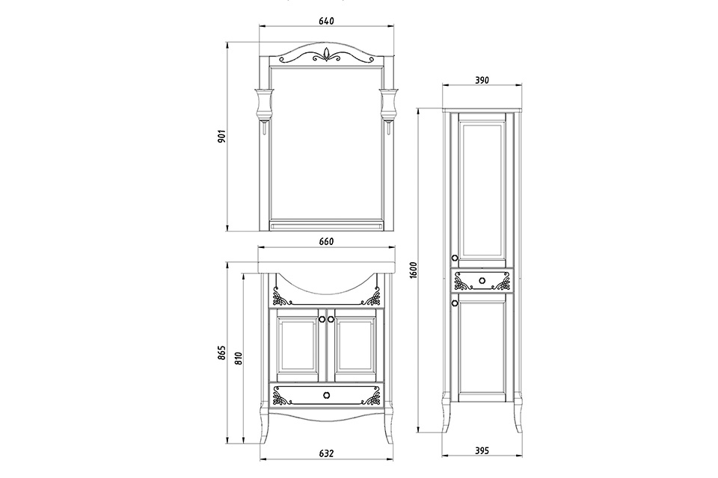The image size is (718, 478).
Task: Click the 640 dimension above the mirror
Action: [x=325, y=21]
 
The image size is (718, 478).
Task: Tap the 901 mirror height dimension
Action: [x=221, y=137]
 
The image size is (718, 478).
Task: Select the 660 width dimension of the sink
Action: [x=325, y=241]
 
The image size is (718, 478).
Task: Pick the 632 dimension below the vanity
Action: [x=325, y=453]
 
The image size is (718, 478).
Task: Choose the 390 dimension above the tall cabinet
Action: [x=482, y=81]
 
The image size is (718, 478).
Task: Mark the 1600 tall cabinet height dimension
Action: [x=412, y=270]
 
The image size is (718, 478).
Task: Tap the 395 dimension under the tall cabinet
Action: [x=482, y=450]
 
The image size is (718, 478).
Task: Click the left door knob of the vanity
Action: [x=322, y=319]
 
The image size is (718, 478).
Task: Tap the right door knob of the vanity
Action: [x=330, y=319]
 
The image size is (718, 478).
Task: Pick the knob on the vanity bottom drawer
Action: [x=326, y=394]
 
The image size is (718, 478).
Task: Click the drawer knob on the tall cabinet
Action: [x=482, y=281]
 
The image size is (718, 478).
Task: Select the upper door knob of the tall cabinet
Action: [x=455, y=258]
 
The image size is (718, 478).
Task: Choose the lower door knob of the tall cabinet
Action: [x=455, y=303]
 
